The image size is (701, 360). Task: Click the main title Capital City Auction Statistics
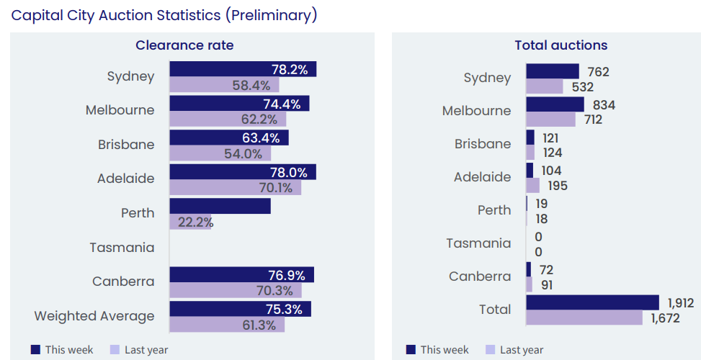click(164, 15)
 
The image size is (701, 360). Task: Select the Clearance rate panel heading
click(184, 45)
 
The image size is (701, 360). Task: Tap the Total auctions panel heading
click(561, 45)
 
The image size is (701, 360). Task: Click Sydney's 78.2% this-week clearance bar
click(242, 69)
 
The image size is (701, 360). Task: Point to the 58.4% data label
click(251, 86)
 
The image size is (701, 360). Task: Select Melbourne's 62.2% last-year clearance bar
click(227, 120)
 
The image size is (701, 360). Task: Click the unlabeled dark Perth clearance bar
click(220, 206)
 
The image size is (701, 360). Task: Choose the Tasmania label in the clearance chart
click(122, 248)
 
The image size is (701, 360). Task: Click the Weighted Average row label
click(94, 316)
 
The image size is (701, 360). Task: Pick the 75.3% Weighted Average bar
click(240, 309)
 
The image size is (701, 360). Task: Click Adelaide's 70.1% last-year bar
click(235, 188)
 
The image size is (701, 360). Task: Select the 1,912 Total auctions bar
click(592, 302)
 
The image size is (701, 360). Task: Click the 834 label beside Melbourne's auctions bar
click(604, 105)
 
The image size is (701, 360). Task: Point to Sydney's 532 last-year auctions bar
click(544, 86)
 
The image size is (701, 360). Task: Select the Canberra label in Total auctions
click(480, 276)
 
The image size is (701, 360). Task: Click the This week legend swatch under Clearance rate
click(35, 350)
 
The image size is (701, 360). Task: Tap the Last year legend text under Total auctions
click(522, 350)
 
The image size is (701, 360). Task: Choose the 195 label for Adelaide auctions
click(556, 186)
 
